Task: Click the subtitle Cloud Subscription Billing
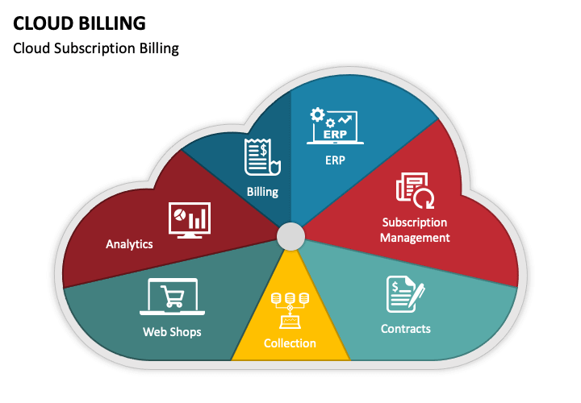pos(96,48)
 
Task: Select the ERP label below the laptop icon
pos(335,160)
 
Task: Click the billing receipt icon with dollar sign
pos(262,157)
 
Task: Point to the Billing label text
pos(262,192)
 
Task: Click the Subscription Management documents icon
pos(415,189)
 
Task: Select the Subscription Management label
pos(415,230)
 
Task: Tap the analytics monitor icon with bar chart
pos(189,220)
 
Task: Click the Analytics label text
pos(129,243)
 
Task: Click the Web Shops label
pos(172,331)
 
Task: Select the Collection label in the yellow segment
pos(290,343)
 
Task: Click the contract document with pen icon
pos(405,296)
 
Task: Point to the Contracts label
pos(405,329)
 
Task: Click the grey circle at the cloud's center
pos(290,237)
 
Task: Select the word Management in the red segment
pos(415,238)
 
